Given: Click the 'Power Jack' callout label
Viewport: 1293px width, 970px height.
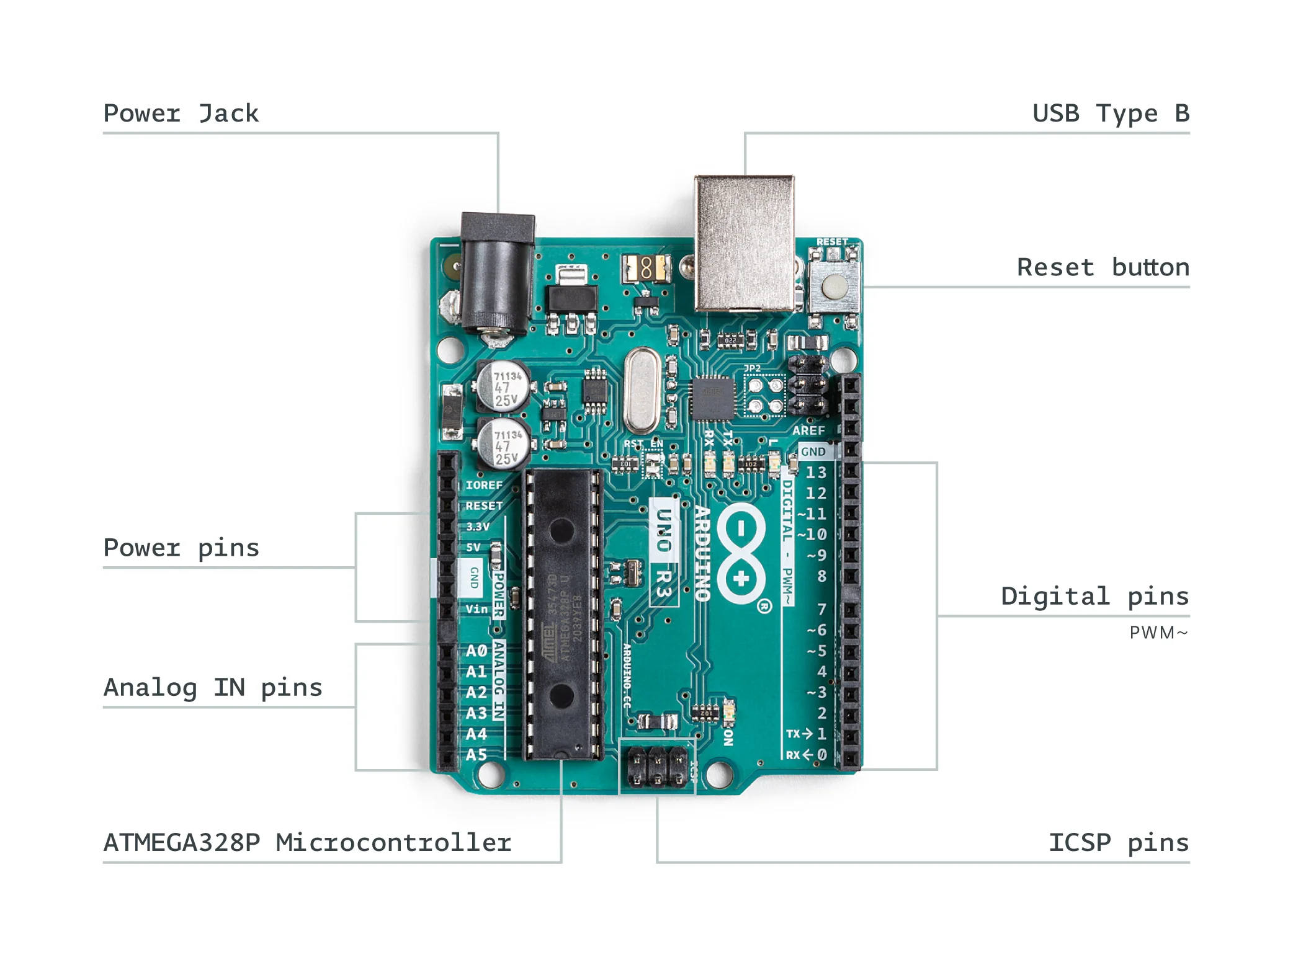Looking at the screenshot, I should (x=181, y=113).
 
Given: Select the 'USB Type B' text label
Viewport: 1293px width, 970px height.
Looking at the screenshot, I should (x=1110, y=113).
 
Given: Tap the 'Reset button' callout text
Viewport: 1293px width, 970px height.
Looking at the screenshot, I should (x=1103, y=267).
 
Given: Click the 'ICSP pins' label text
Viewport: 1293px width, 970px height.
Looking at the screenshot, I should (x=1118, y=842).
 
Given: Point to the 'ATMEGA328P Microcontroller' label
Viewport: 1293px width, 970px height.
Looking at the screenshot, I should (x=307, y=842).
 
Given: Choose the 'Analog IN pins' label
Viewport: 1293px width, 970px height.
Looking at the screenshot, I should (x=213, y=687).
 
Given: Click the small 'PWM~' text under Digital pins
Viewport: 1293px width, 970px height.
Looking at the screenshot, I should (x=1158, y=633).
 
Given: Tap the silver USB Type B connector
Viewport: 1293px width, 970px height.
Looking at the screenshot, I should (x=744, y=242).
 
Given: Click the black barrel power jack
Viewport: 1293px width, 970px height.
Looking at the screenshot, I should (x=497, y=273).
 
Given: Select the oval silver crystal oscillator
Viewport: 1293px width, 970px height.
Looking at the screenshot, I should (x=642, y=391).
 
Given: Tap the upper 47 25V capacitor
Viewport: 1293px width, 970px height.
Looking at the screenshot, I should (x=503, y=386).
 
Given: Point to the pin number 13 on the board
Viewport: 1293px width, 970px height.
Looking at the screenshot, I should (x=816, y=473).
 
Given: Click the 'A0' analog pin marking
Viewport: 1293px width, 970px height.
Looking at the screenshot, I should (x=476, y=651).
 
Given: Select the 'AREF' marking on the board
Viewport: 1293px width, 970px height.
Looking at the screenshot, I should (x=808, y=430).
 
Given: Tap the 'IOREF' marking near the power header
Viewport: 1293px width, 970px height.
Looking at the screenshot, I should (x=484, y=485).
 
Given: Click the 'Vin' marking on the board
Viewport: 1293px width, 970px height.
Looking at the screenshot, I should (x=476, y=609).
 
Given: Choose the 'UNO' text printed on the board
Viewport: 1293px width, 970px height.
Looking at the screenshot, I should (x=663, y=530).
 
